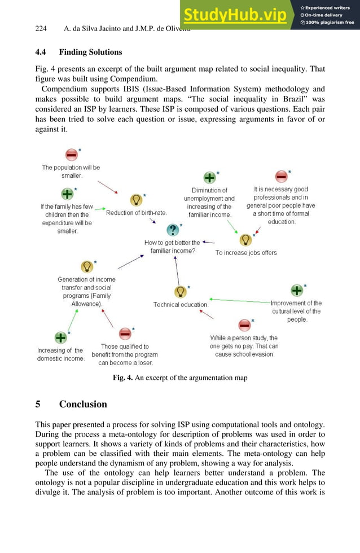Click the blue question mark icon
tap(173, 230)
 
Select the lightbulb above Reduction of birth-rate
tap(136, 200)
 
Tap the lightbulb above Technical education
tap(180, 292)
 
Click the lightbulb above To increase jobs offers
tap(245, 240)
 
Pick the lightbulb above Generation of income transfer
tap(86, 266)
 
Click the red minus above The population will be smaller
tap(71, 154)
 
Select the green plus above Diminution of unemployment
tap(209, 178)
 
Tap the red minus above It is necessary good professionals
tap(281, 176)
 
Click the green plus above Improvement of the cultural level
tap(296, 290)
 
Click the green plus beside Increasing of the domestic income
tap(60, 337)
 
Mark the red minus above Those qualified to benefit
tap(125, 333)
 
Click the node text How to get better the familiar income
tap(172, 247)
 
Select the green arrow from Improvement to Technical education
tap(240, 301)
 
